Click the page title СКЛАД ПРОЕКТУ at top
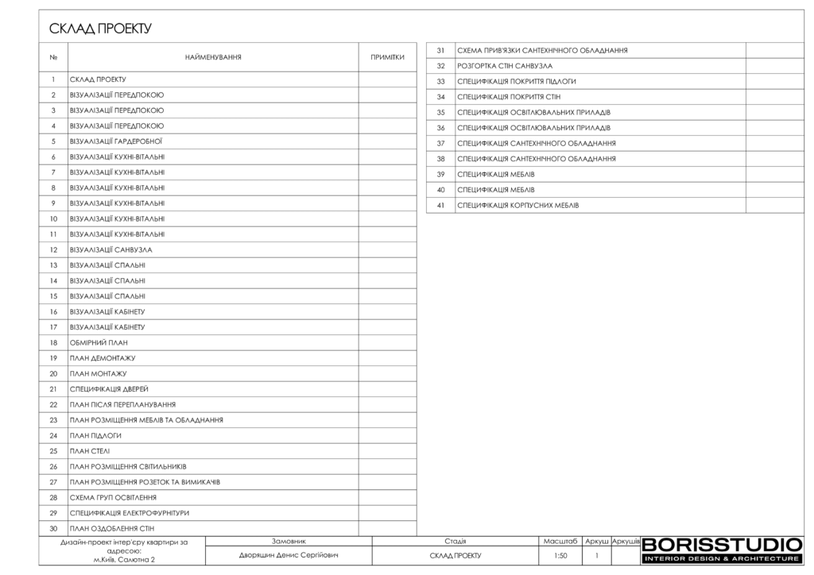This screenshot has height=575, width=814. pyautogui.click(x=100, y=29)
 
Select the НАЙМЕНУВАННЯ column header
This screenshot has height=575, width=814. pyautogui.click(x=213, y=57)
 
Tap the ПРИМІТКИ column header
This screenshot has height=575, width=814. pyautogui.click(x=387, y=57)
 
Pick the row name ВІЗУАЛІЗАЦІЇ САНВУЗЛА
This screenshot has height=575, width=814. pyautogui.click(x=111, y=249)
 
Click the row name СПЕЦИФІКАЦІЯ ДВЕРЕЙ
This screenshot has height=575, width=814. pyautogui.click(x=109, y=389)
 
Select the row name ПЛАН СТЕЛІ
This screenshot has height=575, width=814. pyautogui.click(x=90, y=451)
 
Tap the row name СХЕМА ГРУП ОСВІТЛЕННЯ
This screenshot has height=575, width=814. pyautogui.click(x=113, y=497)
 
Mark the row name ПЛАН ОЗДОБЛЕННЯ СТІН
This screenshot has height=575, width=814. pyautogui.click(x=112, y=528)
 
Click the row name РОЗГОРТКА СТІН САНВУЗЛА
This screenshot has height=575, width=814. pyautogui.click(x=505, y=66)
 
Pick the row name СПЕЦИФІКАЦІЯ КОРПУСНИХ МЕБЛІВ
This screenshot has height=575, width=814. pyautogui.click(x=518, y=205)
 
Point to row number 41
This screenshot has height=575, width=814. pyautogui.click(x=440, y=205)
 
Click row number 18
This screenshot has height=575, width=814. pyautogui.click(x=53, y=342)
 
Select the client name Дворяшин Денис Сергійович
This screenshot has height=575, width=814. pyautogui.click(x=289, y=555)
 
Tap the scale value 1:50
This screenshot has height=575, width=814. pyautogui.click(x=560, y=556)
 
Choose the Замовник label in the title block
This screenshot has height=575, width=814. pyautogui.click(x=289, y=541)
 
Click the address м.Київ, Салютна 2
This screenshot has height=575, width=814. pyautogui.click(x=124, y=560)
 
